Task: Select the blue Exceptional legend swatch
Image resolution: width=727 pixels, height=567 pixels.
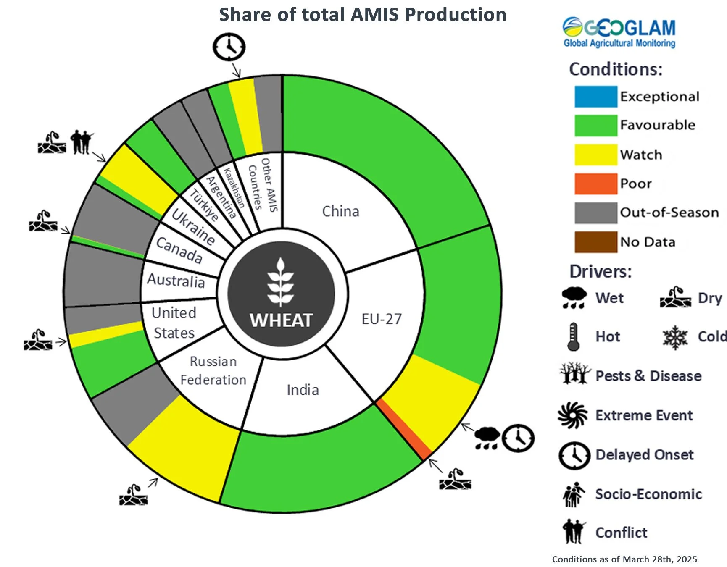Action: [595, 96]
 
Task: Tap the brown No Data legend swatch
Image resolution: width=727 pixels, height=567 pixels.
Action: [595, 242]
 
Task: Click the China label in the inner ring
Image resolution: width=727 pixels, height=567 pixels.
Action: [340, 211]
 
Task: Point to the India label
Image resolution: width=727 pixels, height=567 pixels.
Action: [303, 390]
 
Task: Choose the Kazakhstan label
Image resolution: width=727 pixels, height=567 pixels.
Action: [234, 187]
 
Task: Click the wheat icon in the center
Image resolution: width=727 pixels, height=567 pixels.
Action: [281, 282]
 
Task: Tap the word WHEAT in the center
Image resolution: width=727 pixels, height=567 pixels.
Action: [281, 320]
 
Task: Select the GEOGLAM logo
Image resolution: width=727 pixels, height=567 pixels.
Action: [619, 32]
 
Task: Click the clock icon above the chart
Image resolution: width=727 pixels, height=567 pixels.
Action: [229, 47]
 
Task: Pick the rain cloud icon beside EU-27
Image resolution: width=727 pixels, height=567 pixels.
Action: [487, 438]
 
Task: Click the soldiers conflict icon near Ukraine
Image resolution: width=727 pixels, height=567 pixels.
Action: [81, 142]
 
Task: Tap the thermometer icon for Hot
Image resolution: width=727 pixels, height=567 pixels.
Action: [573, 337]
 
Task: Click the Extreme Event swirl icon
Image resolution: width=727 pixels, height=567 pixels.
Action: [572, 415]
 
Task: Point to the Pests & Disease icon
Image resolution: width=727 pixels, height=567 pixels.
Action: [574, 373]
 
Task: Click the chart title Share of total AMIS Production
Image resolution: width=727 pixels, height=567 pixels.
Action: [362, 15]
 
